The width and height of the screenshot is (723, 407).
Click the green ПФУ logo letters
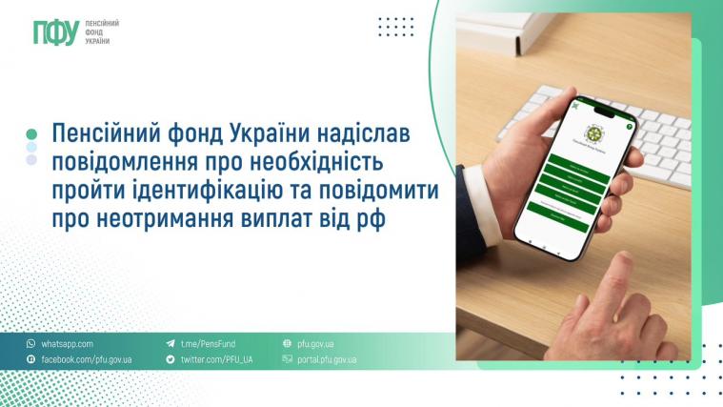[54, 32]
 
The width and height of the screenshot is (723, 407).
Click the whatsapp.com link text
[67, 343]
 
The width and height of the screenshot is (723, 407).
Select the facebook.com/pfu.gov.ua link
[86, 360]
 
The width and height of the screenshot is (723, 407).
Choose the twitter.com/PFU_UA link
[216, 360]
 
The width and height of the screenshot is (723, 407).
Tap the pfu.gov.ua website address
[315, 343]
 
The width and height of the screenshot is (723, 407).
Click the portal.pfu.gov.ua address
[327, 360]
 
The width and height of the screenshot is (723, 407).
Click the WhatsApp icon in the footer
[30, 343]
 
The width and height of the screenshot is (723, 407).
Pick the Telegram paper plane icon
[171, 343]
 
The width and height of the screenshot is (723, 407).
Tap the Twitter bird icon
[171, 360]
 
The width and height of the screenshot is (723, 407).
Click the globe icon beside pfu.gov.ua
[287, 343]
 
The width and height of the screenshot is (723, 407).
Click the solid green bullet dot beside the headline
[31, 134]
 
